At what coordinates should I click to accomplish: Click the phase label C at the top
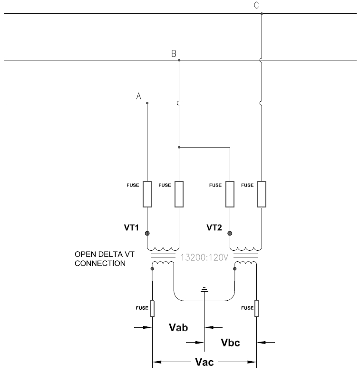[x=257, y=6]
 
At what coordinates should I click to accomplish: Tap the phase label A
[x=139, y=96]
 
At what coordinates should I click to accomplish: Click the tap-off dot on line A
[x=147, y=103]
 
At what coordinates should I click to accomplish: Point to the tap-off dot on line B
[x=179, y=60]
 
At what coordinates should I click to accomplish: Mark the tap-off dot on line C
[x=262, y=14]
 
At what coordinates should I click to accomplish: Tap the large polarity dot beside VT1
[x=147, y=233]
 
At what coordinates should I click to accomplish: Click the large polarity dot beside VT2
[x=230, y=233]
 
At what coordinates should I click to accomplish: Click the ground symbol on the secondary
[x=204, y=289]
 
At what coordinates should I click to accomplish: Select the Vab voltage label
[x=178, y=327]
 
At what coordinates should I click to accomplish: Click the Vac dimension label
[x=204, y=363]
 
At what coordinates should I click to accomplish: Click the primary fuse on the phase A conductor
[x=147, y=194]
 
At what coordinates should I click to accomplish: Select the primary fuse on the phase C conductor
[x=262, y=194]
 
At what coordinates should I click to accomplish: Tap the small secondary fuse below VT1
[x=152, y=308]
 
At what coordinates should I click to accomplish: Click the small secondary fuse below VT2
[x=256, y=308]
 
